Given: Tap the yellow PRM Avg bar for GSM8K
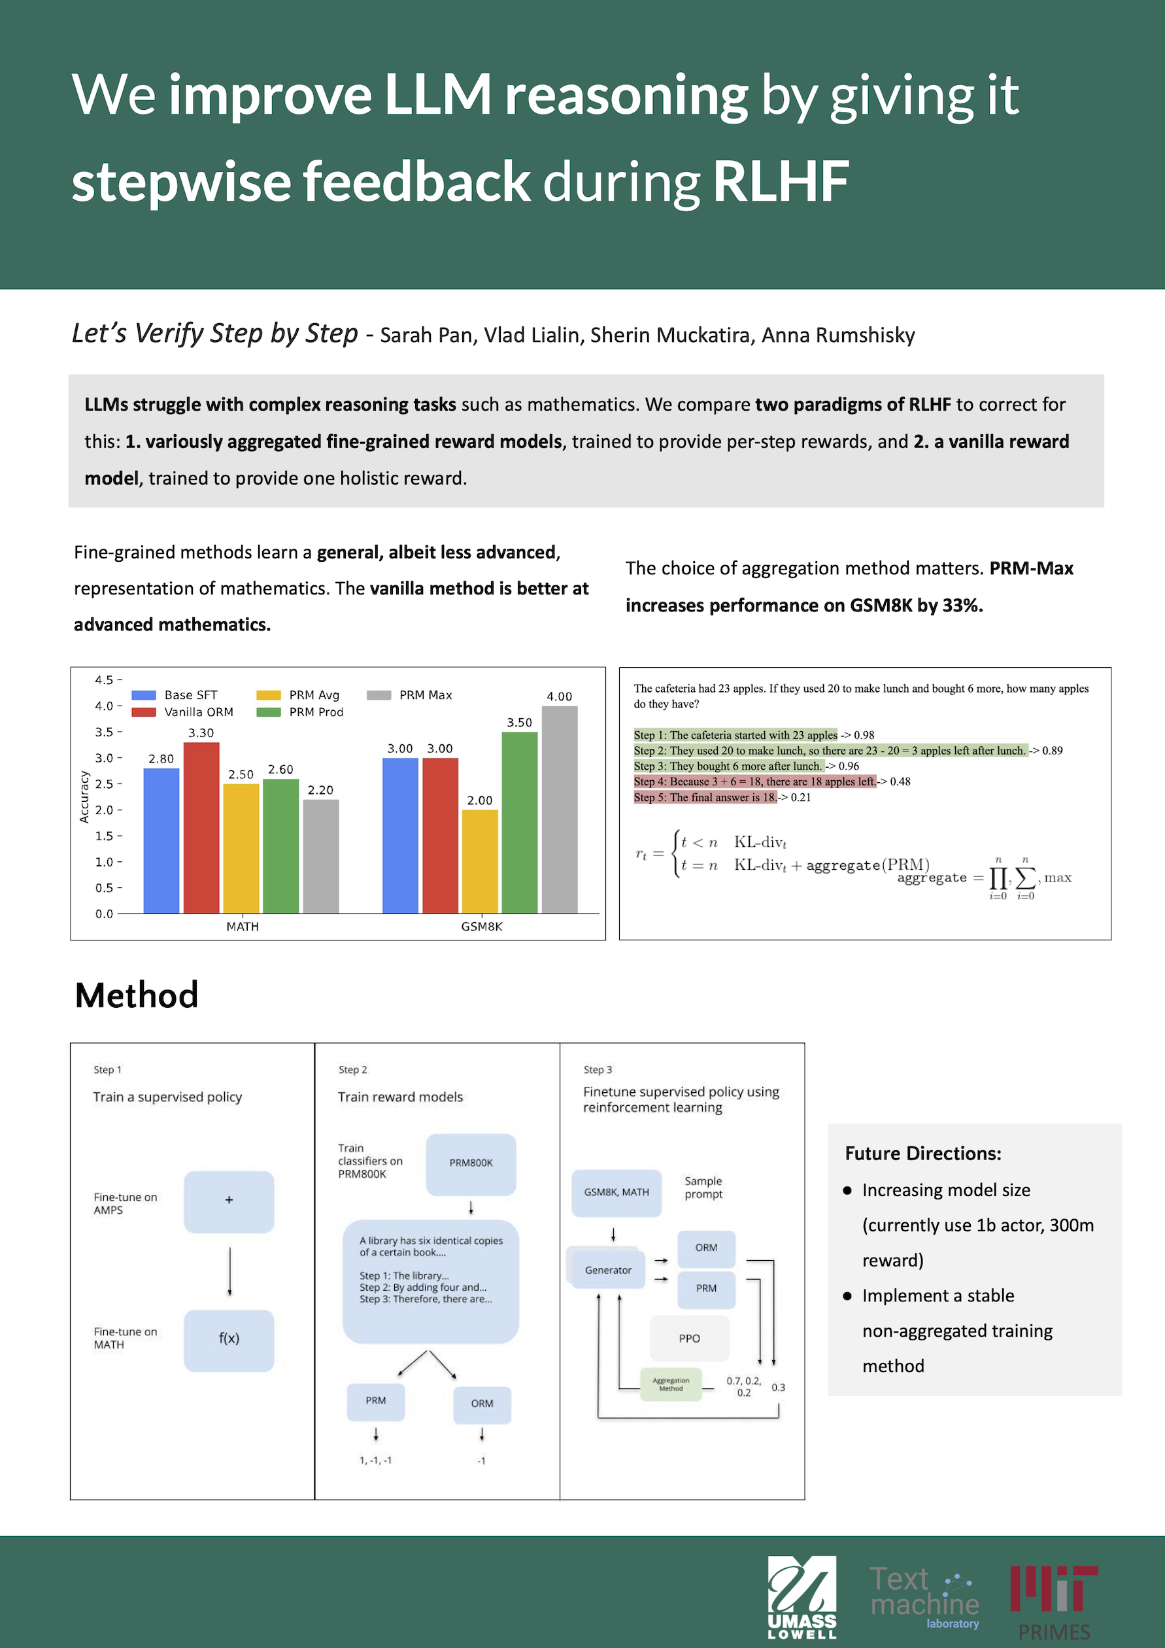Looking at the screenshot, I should click(x=479, y=861).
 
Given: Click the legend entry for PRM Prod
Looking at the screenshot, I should click(x=301, y=712).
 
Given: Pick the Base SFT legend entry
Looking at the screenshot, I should click(x=175, y=695).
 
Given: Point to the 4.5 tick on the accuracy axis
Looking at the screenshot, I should click(x=105, y=679).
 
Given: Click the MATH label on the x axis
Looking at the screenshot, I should click(x=243, y=927).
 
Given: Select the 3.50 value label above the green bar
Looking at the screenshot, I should click(x=519, y=722).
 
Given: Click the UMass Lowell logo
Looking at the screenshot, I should click(x=802, y=1597).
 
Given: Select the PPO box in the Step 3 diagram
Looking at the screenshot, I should click(x=688, y=1338).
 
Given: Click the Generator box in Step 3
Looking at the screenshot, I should click(x=607, y=1270).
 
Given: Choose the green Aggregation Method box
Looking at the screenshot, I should click(x=671, y=1384).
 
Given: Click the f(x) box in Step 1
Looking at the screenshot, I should click(x=229, y=1338).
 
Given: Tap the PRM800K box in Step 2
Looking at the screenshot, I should click(x=471, y=1163).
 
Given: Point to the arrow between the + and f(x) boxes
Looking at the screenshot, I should click(x=229, y=1271).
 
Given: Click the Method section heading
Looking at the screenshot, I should click(x=136, y=995).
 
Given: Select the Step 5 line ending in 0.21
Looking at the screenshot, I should click(x=722, y=797).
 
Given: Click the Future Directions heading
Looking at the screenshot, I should click(x=922, y=1154).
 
